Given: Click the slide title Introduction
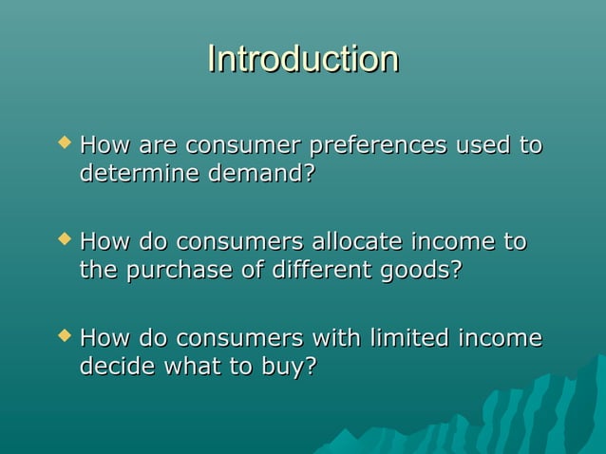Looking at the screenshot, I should click(303, 59).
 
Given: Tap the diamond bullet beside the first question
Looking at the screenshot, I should click(64, 143).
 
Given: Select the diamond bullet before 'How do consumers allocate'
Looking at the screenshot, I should click(64, 239).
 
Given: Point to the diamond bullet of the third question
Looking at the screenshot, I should click(64, 335).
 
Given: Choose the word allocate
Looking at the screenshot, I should click(342, 242).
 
